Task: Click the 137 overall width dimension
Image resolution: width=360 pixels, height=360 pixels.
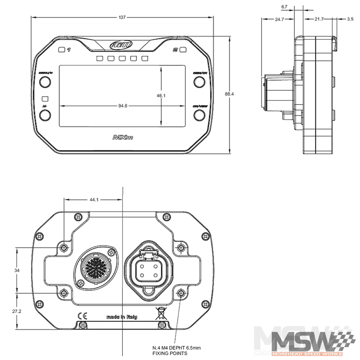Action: click(x=122, y=17)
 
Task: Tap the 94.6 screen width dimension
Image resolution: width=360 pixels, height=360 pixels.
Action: click(x=123, y=106)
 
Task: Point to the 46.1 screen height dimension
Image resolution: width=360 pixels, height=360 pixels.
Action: click(x=161, y=96)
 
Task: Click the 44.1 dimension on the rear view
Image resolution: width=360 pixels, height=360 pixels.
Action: click(x=93, y=199)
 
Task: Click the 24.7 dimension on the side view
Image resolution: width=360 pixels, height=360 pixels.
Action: click(x=280, y=19)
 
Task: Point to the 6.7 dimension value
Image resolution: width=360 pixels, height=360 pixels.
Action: click(x=284, y=6)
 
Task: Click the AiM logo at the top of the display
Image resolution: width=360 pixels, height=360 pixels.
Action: click(x=122, y=46)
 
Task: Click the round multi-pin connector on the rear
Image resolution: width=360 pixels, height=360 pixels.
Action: click(x=95, y=268)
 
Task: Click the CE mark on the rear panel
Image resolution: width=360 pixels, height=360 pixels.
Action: click(x=82, y=316)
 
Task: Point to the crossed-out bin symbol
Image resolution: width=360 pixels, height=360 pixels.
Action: click(x=160, y=314)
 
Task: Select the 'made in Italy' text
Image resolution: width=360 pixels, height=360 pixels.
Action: click(x=122, y=317)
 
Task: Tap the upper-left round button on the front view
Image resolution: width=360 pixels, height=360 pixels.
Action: click(x=45, y=82)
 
